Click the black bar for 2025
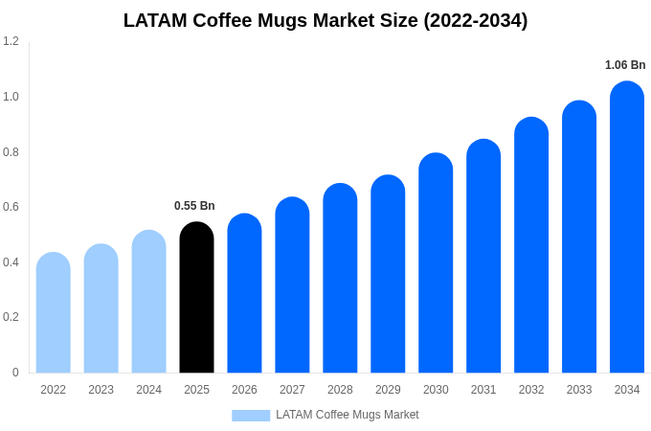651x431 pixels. point(196,298)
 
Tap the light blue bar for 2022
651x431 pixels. point(54,313)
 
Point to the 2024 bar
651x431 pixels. point(149,302)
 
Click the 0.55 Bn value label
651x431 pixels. point(194,206)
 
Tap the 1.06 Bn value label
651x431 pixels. point(625,65)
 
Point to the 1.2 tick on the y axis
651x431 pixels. point(11,41)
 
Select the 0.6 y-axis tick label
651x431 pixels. point(11,207)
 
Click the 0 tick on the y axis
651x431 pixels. point(15,373)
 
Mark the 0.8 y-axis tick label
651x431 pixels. point(11,151)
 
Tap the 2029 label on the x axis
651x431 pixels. point(388,390)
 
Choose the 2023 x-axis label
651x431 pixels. point(101,390)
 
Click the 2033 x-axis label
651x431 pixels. point(579,390)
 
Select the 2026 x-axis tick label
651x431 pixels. point(244,390)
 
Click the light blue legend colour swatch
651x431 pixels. point(251,416)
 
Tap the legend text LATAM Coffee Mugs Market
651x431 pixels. point(348,415)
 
